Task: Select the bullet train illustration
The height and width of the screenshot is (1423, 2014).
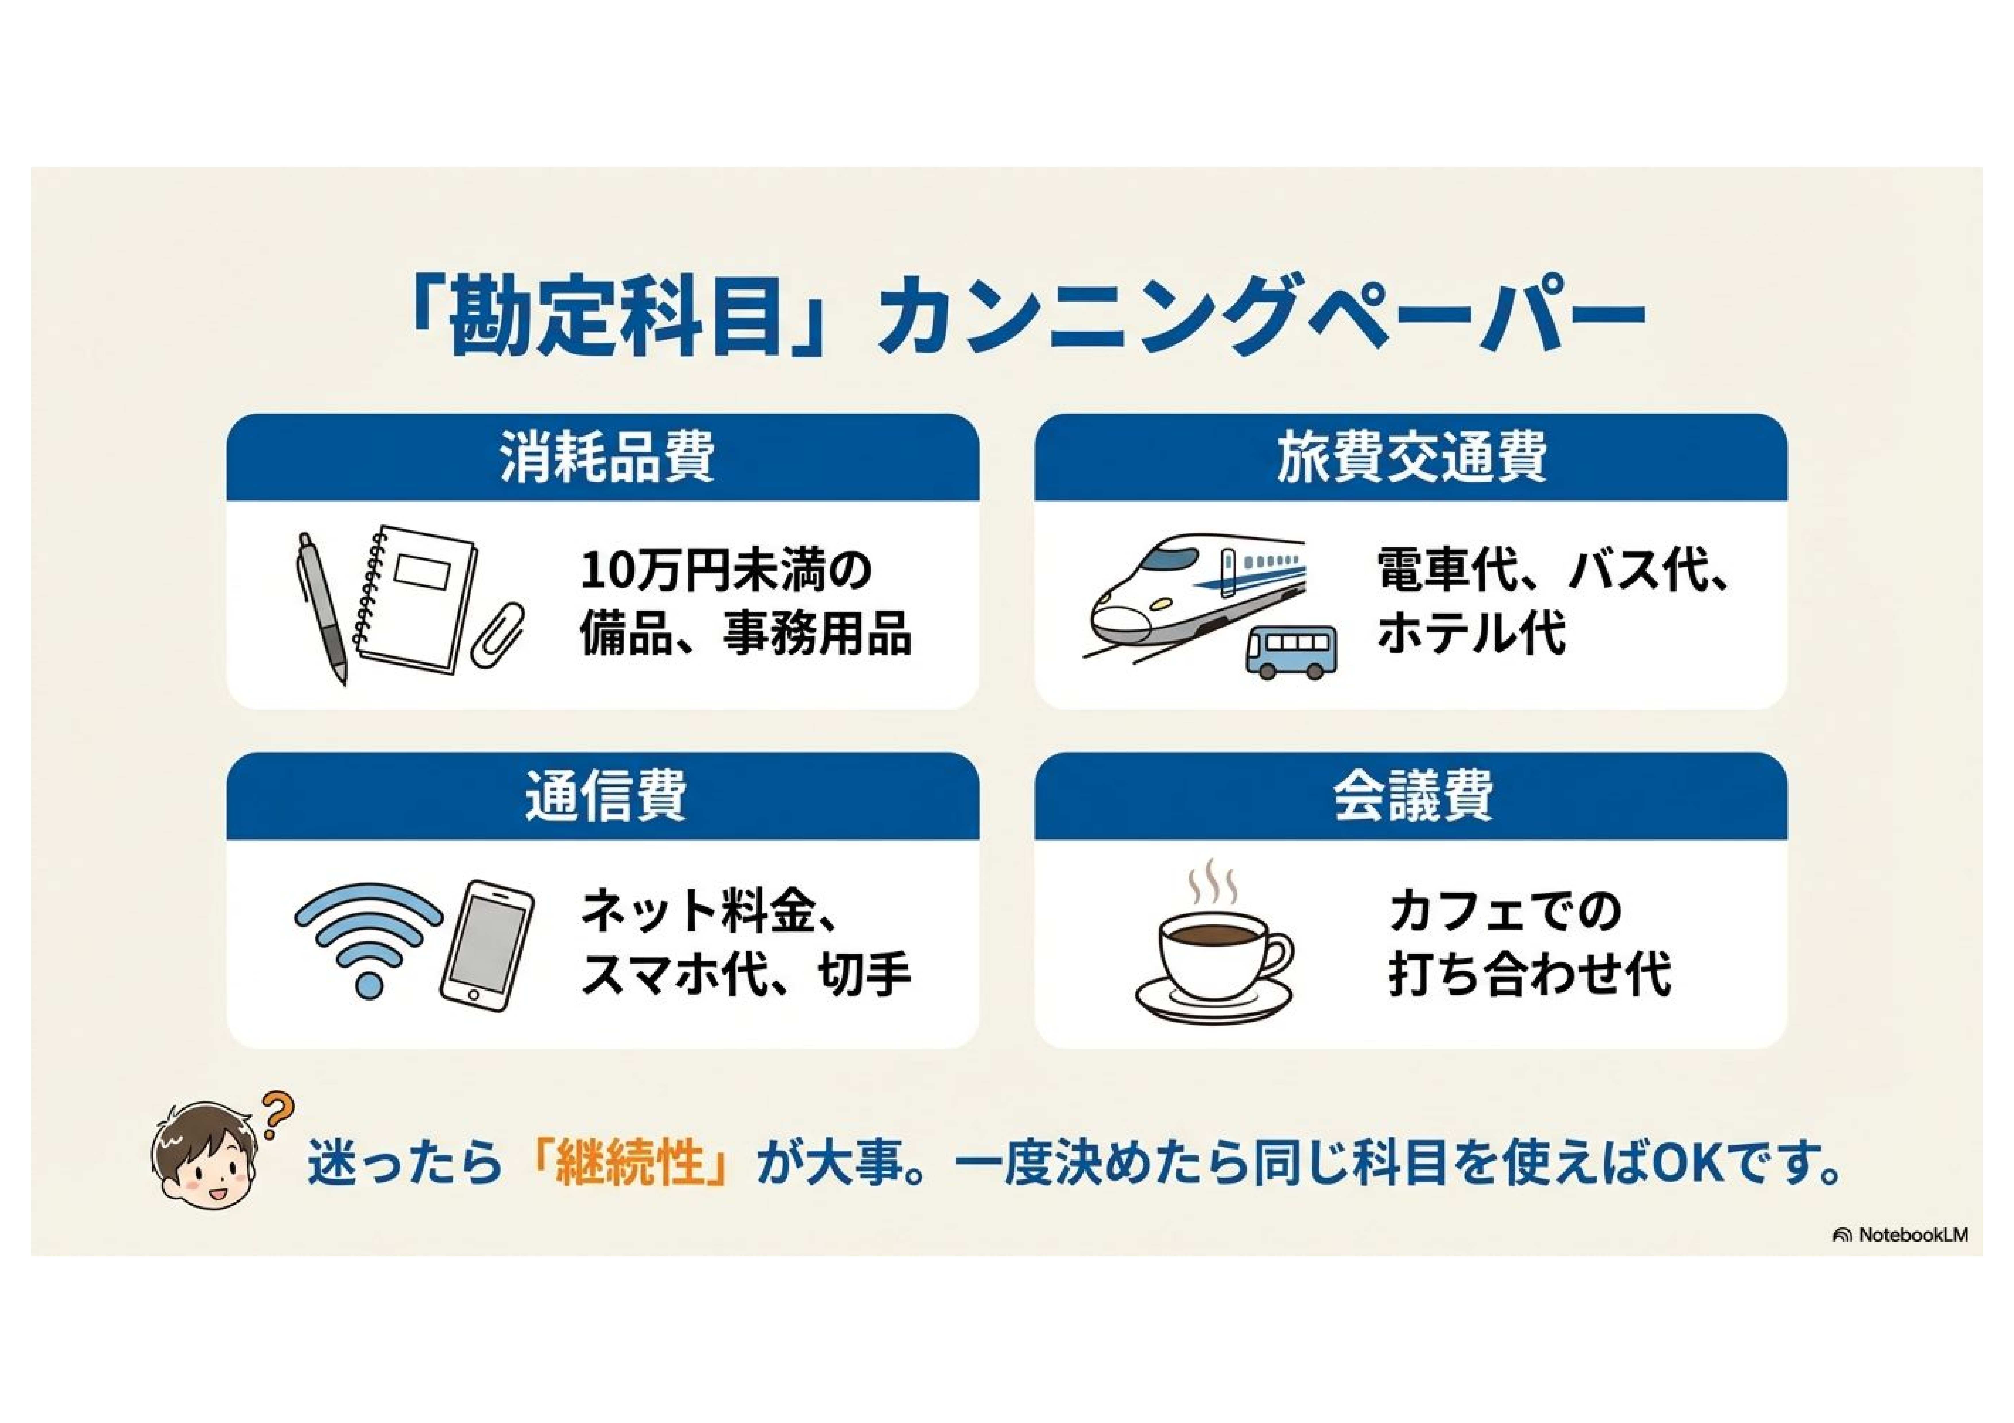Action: (1197, 599)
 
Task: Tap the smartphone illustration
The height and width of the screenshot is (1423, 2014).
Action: (487, 945)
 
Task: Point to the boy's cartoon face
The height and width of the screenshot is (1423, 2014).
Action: (206, 1157)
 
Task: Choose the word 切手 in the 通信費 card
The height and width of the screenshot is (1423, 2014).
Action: (865, 973)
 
